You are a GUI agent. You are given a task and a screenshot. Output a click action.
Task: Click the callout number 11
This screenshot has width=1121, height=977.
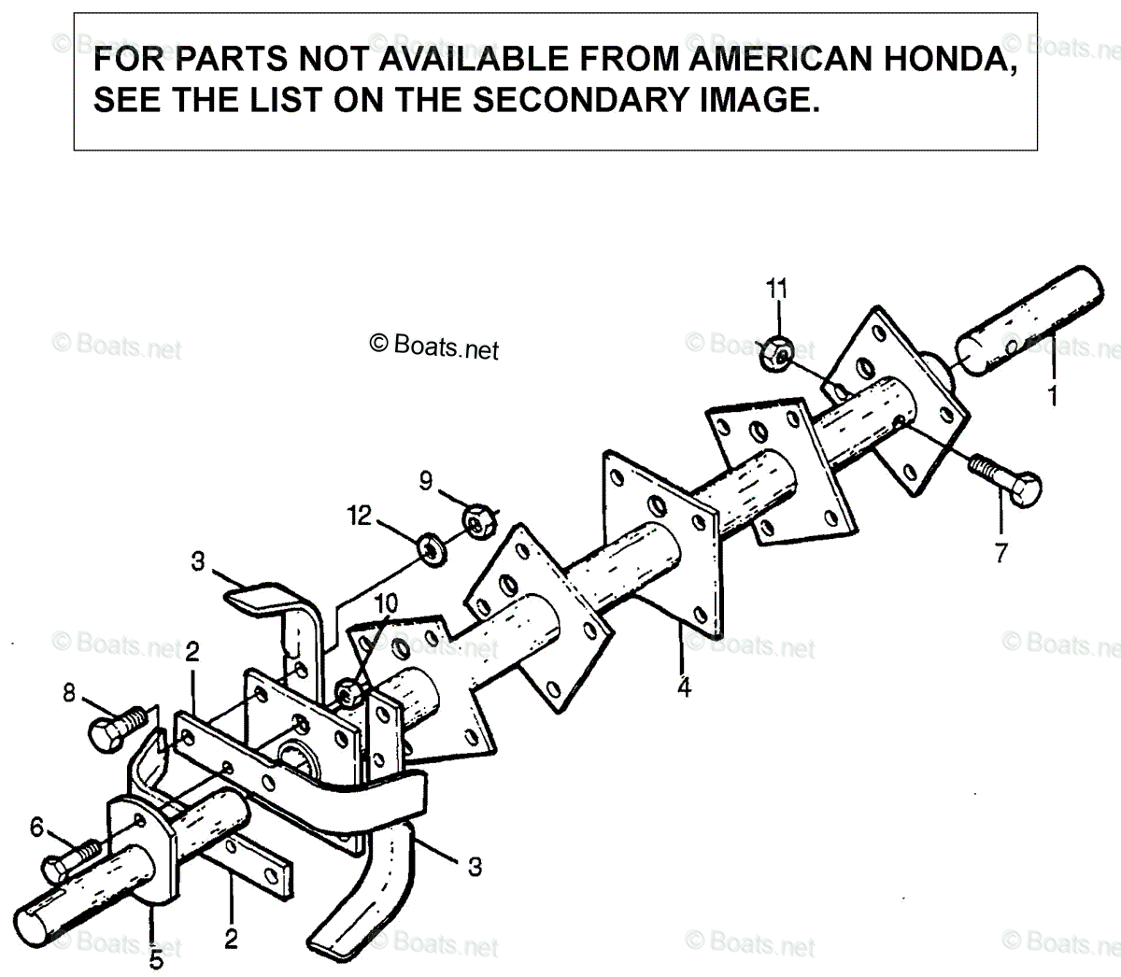[x=776, y=289]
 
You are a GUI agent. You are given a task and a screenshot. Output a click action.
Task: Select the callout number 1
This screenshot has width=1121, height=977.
[x=1053, y=396]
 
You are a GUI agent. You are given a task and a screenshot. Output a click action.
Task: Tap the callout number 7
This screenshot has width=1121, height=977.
[x=1001, y=553]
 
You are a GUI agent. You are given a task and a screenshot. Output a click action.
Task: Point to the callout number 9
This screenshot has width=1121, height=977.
[x=426, y=480]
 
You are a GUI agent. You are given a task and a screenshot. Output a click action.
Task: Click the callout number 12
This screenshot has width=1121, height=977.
[x=360, y=516]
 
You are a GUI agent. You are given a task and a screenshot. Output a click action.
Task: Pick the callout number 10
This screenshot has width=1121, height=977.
[x=386, y=603]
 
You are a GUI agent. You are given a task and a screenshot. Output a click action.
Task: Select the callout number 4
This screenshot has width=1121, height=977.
[x=685, y=687]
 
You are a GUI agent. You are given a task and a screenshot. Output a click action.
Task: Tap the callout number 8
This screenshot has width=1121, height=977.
[x=68, y=693]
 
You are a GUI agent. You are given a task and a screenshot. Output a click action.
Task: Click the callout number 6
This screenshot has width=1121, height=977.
[x=36, y=827]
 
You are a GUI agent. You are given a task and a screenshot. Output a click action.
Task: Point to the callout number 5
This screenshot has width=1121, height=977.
[x=156, y=959]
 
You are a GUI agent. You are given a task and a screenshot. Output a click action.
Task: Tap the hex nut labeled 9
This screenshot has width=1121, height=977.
[x=480, y=521]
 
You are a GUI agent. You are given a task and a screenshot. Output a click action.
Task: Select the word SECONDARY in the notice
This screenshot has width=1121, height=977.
[x=580, y=100]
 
